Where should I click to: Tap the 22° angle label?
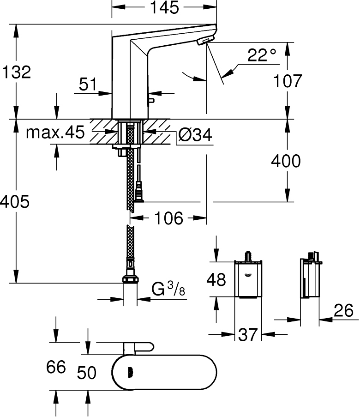tap(261, 56)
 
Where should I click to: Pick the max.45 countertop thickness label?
tap(55, 133)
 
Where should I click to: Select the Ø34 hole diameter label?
tap(195, 135)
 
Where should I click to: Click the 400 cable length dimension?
tap(286, 161)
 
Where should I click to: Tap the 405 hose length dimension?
tap(15, 202)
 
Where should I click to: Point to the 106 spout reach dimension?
tap(169, 218)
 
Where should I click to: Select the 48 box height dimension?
tap(216, 279)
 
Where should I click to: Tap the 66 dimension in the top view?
tap(56, 368)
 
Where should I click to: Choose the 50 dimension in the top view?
tap(86, 372)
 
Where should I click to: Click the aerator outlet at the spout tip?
tap(203, 42)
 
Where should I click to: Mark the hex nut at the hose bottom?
tap(130, 279)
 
